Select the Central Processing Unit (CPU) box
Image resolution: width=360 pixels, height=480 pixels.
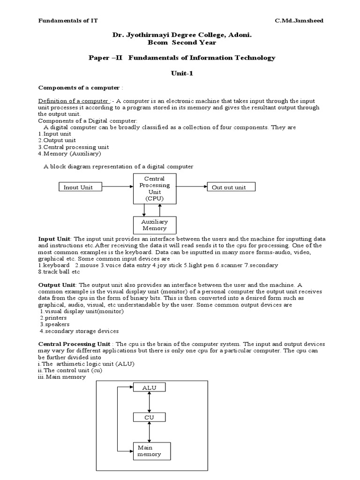[154, 188]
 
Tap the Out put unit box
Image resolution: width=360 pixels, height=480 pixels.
[231, 187]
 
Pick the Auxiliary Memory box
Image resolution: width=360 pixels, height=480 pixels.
[154, 225]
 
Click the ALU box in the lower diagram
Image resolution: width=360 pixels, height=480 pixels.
[149, 387]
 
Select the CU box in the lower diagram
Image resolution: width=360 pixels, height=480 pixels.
[149, 417]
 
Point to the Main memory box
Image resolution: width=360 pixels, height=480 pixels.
[151, 451]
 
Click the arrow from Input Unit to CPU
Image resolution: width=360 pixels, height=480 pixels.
[118, 187]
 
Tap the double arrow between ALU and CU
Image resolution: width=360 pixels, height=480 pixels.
[149, 402]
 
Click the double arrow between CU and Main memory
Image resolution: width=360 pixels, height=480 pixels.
[149, 432]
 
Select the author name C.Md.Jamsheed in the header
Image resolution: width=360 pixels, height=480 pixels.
[300, 21]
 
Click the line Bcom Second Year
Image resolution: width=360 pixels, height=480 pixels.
[182, 43]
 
